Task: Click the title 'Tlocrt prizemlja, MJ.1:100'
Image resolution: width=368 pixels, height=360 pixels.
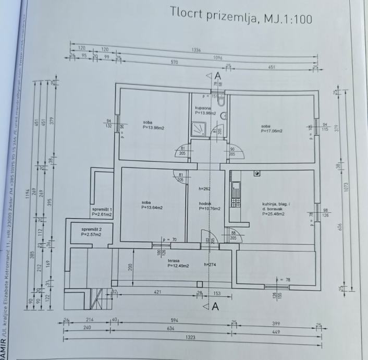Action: (241, 17)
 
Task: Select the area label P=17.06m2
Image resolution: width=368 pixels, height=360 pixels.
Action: (271, 131)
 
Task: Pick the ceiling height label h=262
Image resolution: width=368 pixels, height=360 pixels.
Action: (205, 189)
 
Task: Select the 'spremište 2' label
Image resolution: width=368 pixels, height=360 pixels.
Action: (92, 230)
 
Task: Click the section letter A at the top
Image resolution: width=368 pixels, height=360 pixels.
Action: (218, 76)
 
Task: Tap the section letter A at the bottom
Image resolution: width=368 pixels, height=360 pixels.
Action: (215, 306)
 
